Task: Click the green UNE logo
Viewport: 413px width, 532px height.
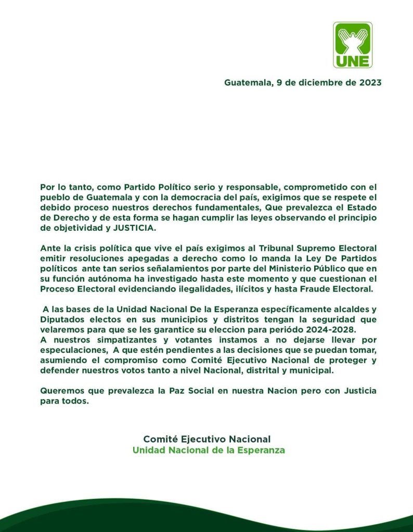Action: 353,45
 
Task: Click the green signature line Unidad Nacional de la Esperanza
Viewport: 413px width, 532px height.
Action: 209,450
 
